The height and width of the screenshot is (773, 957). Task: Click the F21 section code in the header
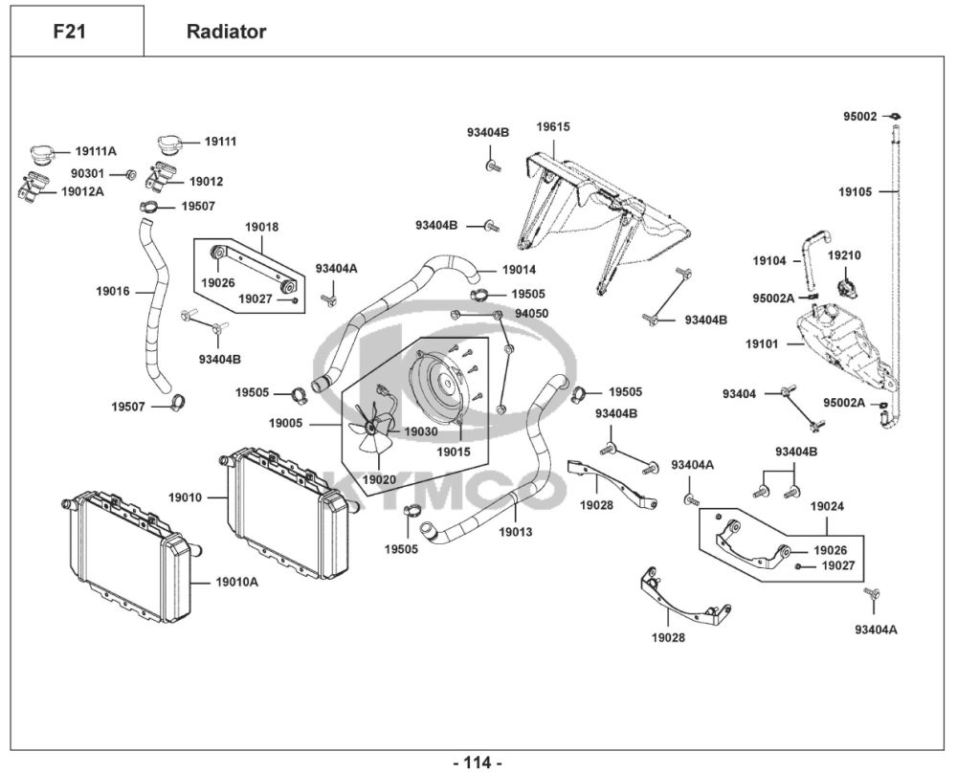coord(70,32)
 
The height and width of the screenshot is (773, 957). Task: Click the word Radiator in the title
coord(226,32)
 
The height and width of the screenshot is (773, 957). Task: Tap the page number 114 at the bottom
coord(477,762)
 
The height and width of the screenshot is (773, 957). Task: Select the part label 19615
coord(553,126)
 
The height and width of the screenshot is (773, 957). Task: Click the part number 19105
coord(856,191)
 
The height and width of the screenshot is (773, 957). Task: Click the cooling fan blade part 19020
coord(369,434)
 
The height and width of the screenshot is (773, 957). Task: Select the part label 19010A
coord(236,581)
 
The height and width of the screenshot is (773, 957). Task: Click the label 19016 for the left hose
coord(113,290)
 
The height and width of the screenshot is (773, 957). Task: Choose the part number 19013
coord(515,532)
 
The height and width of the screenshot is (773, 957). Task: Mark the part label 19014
coord(519,270)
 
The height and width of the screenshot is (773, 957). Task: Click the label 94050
coord(531,313)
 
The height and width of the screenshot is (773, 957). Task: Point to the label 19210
coord(844,255)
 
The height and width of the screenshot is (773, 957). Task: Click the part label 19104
coord(768,260)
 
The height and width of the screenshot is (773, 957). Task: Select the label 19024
coord(827,505)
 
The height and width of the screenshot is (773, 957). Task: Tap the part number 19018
coord(262,227)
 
